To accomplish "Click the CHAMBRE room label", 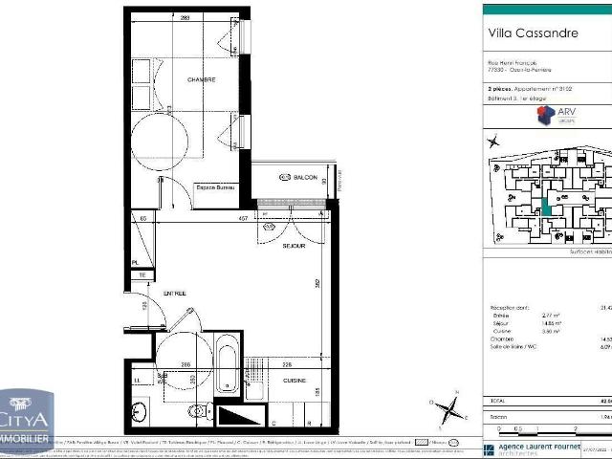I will (x=174, y=79).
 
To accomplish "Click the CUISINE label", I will (x=295, y=381).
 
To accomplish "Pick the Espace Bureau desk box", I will (x=216, y=188).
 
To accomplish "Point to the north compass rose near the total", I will (x=446, y=410).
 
